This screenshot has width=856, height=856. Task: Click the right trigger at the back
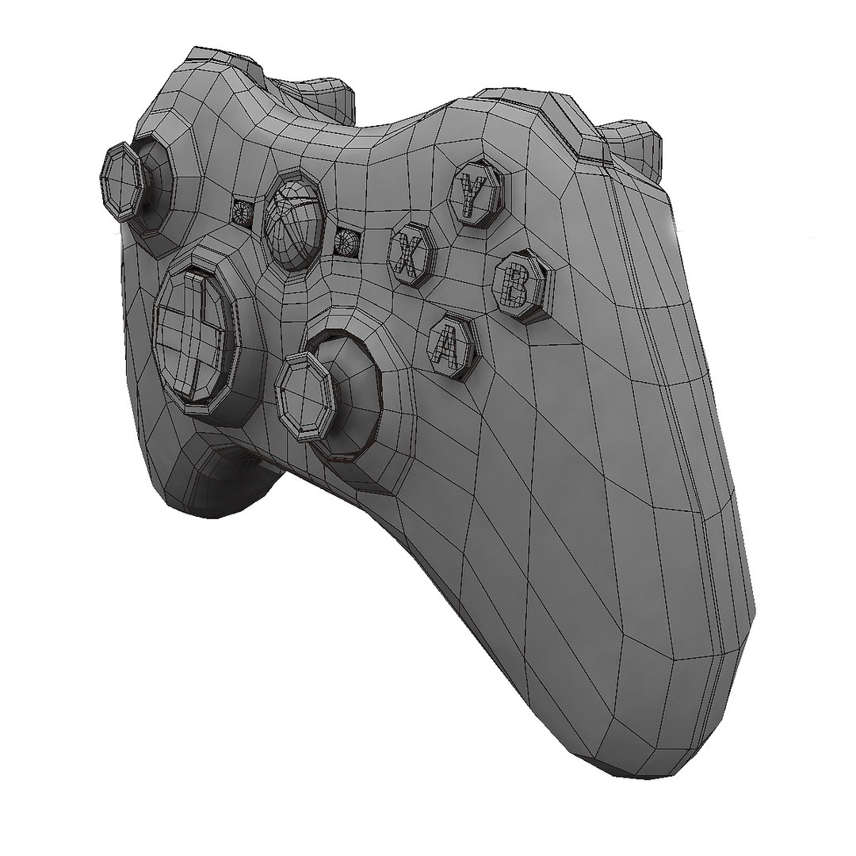634,147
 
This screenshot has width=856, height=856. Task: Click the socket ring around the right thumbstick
357,396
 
